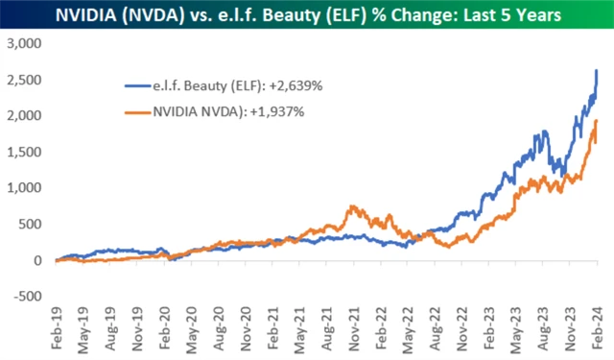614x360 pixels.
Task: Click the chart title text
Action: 307,17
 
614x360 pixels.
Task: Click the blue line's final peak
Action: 598,70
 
